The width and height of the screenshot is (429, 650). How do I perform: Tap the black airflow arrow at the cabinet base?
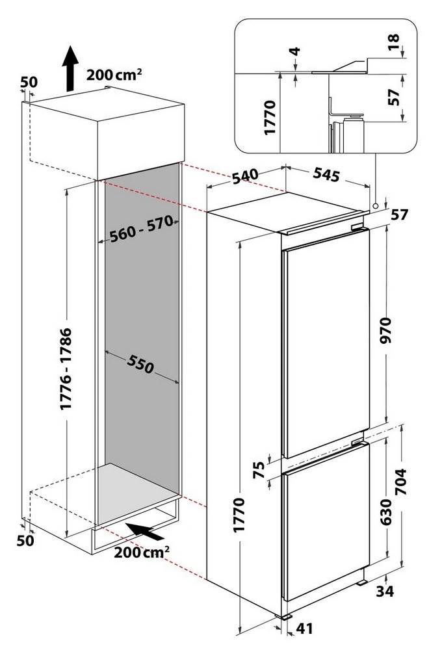point(145,532)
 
